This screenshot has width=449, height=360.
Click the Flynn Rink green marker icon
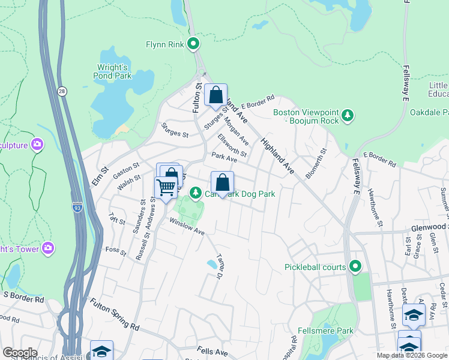193,44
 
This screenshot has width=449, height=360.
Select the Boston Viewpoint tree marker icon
347,115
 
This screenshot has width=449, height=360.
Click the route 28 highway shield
62,91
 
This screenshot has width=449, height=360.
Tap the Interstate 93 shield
77,207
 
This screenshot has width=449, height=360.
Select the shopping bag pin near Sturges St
215,95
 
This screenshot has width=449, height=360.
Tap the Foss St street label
116,251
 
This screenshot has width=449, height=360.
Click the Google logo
20,353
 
